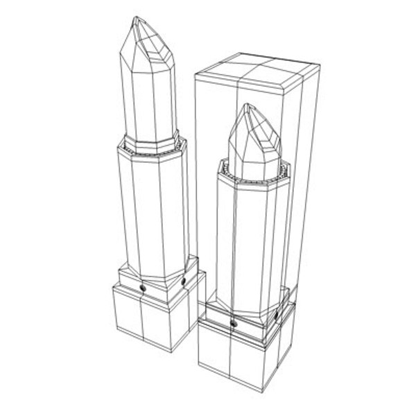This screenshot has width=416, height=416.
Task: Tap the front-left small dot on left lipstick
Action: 142,286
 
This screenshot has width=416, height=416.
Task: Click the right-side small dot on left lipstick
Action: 184,281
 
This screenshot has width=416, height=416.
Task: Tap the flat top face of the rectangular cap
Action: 258,72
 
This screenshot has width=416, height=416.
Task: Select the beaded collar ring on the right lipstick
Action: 250,177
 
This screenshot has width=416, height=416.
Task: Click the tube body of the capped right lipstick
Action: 250,243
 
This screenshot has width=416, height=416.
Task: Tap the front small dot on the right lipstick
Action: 234,322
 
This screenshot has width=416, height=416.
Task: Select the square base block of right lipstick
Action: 243,361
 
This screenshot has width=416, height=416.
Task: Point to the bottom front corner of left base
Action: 168,351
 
